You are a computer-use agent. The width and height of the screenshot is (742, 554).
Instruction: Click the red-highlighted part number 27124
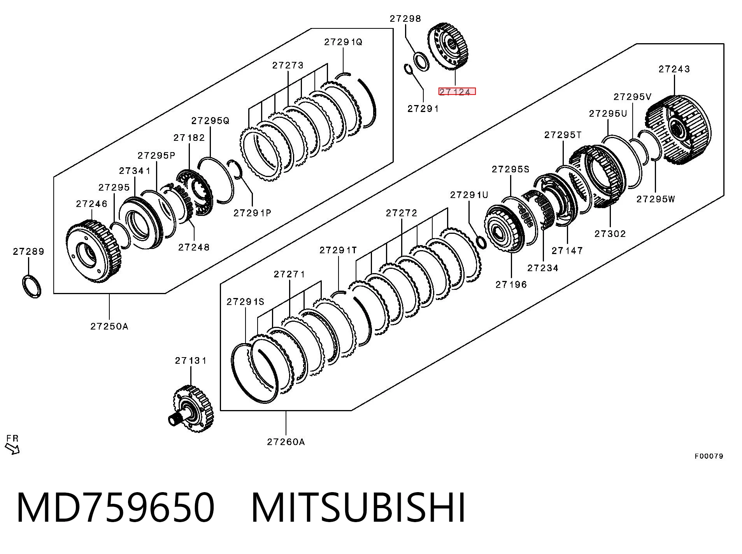point(457,92)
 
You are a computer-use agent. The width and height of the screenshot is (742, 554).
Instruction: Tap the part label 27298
point(405,19)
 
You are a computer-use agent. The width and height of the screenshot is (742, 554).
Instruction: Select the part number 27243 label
point(674,69)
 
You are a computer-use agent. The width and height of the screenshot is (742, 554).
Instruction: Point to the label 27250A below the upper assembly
point(109,326)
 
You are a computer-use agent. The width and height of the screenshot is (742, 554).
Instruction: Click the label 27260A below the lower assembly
point(286,442)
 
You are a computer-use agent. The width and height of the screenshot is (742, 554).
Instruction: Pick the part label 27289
point(28,252)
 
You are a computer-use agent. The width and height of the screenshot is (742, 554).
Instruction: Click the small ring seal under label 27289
point(31,286)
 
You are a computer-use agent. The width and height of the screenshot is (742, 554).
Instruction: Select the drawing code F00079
point(709,456)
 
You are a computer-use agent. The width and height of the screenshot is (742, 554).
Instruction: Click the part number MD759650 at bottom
point(116,507)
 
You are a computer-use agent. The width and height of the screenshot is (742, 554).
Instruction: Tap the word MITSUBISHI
point(358,507)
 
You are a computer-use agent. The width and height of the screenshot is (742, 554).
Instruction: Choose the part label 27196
point(511,285)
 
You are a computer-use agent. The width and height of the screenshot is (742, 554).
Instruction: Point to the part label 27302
point(610,234)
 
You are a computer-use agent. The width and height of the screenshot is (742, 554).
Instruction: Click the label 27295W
point(656,199)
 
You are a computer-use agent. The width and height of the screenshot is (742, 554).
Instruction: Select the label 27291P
point(252,213)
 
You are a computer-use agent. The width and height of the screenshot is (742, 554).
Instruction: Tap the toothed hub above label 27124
point(450,47)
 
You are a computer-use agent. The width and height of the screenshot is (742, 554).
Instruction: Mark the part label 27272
point(402,213)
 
